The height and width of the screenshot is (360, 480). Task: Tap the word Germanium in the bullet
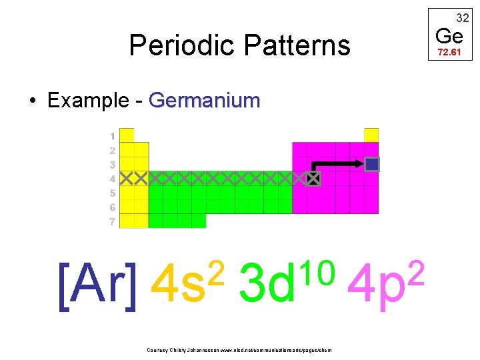pyautogui.click(x=205, y=101)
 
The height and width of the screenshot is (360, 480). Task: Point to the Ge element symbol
pyautogui.click(x=449, y=35)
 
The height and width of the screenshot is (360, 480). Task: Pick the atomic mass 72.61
pyautogui.click(x=449, y=51)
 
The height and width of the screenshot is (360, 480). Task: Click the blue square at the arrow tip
pyautogui.click(x=372, y=164)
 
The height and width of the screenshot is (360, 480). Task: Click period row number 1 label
pyautogui.click(x=112, y=135)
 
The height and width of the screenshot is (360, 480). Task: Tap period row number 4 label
pyautogui.click(x=112, y=179)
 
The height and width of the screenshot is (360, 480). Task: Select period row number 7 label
pyautogui.click(x=112, y=221)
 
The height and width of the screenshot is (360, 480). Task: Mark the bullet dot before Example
pyautogui.click(x=32, y=101)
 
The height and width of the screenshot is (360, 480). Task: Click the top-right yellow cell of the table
pyautogui.click(x=371, y=135)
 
